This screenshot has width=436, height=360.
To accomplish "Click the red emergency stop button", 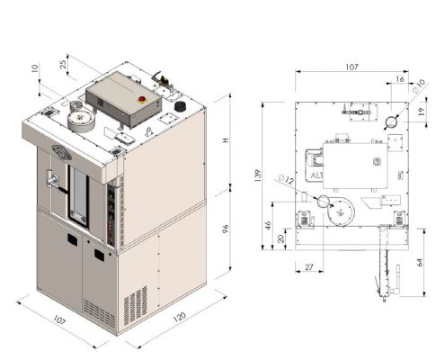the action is click(x=141, y=99).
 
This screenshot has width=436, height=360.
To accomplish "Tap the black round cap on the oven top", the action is click(x=181, y=106).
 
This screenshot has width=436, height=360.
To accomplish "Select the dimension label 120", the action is click(x=180, y=317).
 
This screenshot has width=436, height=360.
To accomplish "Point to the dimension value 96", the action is click(x=226, y=229).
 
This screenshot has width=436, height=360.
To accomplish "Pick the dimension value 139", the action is click(x=257, y=175).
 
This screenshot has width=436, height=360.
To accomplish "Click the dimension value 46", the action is click(x=268, y=225).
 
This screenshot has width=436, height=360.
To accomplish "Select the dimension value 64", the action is click(x=420, y=263).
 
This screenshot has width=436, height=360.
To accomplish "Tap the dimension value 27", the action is click(x=308, y=266).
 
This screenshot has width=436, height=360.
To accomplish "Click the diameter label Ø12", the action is click(x=286, y=179).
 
